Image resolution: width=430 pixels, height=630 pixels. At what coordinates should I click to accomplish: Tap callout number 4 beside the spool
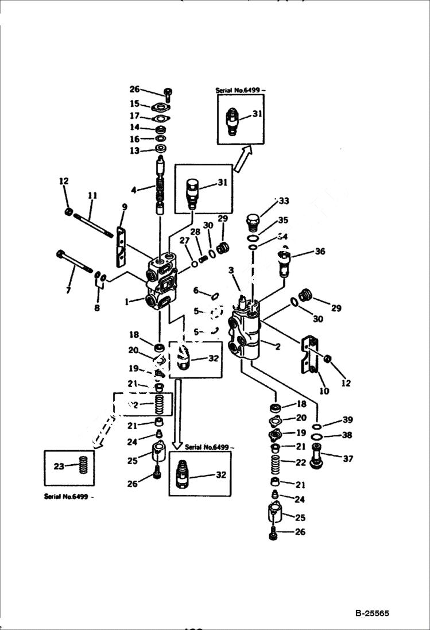pos(134,189)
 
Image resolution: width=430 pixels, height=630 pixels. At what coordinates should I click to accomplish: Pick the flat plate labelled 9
pos(121,247)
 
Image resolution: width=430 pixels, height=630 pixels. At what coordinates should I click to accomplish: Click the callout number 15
pos(134,104)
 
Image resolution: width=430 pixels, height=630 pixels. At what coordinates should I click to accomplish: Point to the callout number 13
pos(134,150)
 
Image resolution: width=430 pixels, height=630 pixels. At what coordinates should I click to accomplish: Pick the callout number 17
pos(134,115)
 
